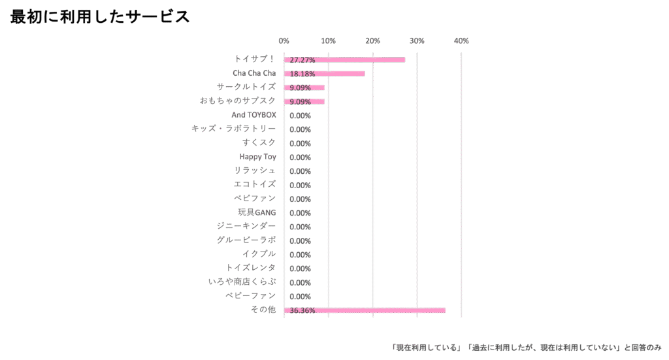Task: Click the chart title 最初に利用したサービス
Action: tap(100, 18)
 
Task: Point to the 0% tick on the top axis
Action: tap(284, 41)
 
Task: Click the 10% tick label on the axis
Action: tap(329, 41)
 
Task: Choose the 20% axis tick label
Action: tap(373, 41)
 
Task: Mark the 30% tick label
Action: tap(417, 41)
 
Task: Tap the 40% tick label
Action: tap(462, 41)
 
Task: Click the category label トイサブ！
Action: tap(259, 59)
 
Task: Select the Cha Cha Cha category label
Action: tap(255, 73)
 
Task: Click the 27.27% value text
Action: tap(302, 61)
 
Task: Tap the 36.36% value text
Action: tap(302, 312)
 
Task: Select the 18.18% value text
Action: tap(302, 74)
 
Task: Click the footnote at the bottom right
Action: tap(527, 347)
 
